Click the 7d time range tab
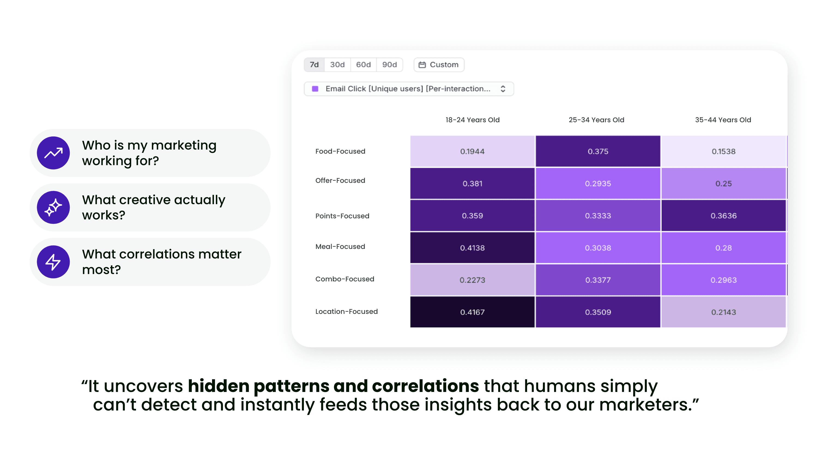coord(314,65)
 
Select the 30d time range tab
coord(337,65)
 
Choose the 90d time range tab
coord(389,65)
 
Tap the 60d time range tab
coord(363,65)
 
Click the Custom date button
coord(439,65)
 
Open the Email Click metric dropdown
coord(409,89)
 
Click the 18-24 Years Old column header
coord(472,120)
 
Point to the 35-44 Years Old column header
coord(723,120)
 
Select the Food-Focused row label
coord(340,151)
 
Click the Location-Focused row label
coord(346,311)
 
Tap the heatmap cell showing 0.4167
coord(472,312)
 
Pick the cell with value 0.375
coord(598,151)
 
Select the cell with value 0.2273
coord(472,280)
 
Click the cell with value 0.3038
coord(598,248)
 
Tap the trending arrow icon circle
coord(53,153)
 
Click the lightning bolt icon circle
coord(53,262)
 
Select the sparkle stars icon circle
coord(53,207)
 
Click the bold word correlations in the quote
coord(425,386)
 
